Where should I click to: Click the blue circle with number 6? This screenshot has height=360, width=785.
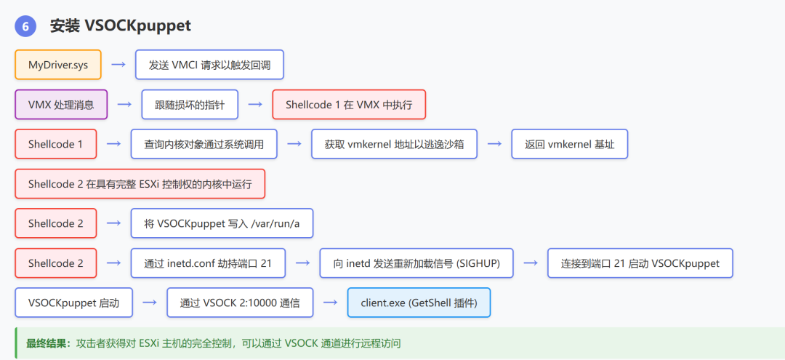[25, 26]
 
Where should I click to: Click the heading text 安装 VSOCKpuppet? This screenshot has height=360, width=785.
[120, 25]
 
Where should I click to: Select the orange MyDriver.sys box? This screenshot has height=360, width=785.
[58, 65]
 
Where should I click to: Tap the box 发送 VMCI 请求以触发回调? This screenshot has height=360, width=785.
[209, 65]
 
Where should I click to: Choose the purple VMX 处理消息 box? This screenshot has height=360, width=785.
[61, 105]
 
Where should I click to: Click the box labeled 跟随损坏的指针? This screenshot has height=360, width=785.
[190, 105]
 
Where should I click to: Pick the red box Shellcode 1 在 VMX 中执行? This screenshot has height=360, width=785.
[349, 105]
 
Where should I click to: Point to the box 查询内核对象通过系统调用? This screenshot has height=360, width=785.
[204, 144]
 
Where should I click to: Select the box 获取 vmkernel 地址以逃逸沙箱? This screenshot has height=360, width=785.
[394, 144]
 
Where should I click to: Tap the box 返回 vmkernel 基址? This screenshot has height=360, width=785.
[569, 144]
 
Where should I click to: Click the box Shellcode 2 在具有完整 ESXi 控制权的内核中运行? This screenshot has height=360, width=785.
[140, 184]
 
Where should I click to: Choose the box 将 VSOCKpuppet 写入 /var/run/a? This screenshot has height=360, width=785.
[222, 223]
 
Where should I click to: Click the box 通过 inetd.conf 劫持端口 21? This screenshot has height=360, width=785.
[208, 263]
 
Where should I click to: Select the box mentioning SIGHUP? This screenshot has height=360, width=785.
[416, 263]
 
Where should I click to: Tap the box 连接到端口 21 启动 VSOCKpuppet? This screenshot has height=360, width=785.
[640, 263]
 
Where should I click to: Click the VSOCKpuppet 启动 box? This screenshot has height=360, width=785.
[73, 303]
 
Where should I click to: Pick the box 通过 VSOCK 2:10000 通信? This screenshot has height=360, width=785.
[240, 303]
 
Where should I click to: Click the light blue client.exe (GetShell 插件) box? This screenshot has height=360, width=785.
[419, 303]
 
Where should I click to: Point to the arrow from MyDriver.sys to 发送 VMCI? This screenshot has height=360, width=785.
[118, 65]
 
